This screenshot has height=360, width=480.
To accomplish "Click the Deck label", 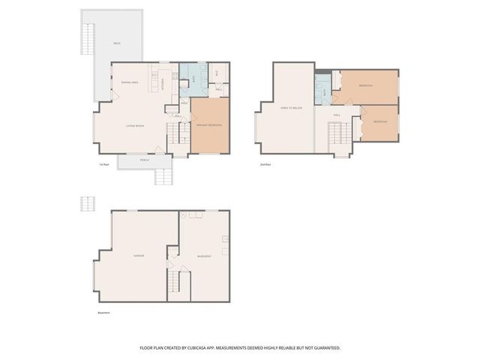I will click(x=116, y=43).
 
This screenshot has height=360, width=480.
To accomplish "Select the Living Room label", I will click(x=135, y=125).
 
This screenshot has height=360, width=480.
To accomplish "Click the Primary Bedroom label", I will click(x=208, y=124).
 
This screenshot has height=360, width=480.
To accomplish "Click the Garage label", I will click(x=139, y=256).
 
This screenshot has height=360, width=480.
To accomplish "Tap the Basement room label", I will click(x=204, y=256).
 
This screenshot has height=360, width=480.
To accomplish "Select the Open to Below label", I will click(x=290, y=109).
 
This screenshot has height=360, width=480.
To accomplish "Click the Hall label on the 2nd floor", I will click(x=337, y=115).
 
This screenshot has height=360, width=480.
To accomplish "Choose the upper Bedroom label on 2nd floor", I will click(x=366, y=85).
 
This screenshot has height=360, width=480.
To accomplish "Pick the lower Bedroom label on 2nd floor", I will click(x=380, y=121).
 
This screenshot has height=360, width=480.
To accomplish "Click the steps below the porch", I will click(x=163, y=177).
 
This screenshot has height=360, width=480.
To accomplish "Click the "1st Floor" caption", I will click(x=104, y=163).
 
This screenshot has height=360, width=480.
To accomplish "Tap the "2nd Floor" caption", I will click(x=264, y=163).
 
